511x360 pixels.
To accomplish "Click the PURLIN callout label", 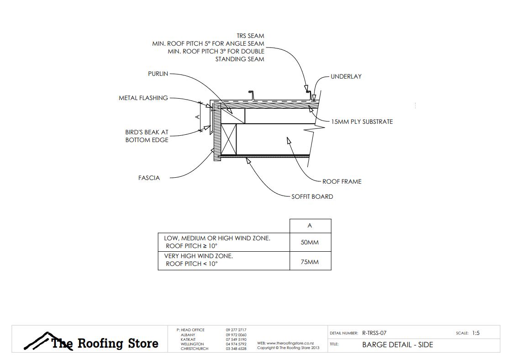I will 158,74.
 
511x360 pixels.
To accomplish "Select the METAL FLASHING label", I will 143,98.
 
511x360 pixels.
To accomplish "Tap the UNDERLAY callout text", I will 346,76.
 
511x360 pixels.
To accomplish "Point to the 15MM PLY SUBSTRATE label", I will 362,122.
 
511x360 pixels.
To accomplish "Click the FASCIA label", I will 149,178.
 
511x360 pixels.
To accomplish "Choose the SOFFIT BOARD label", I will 312,196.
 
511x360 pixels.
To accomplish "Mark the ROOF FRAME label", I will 342,181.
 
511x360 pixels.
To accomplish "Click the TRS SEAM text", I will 250,36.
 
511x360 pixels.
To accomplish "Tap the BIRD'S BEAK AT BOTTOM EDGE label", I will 147,136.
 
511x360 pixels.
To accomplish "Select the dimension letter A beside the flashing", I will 198,117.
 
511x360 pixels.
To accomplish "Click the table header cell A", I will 310,226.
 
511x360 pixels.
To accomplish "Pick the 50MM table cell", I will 310,242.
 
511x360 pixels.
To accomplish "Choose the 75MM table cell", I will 310,262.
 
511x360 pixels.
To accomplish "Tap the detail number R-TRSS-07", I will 374,333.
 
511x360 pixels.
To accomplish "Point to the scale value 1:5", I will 475,333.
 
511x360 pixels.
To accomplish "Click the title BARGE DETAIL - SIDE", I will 397,344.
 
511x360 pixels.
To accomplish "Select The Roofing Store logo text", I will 105,344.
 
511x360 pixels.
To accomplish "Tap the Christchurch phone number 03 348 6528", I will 236,349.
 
